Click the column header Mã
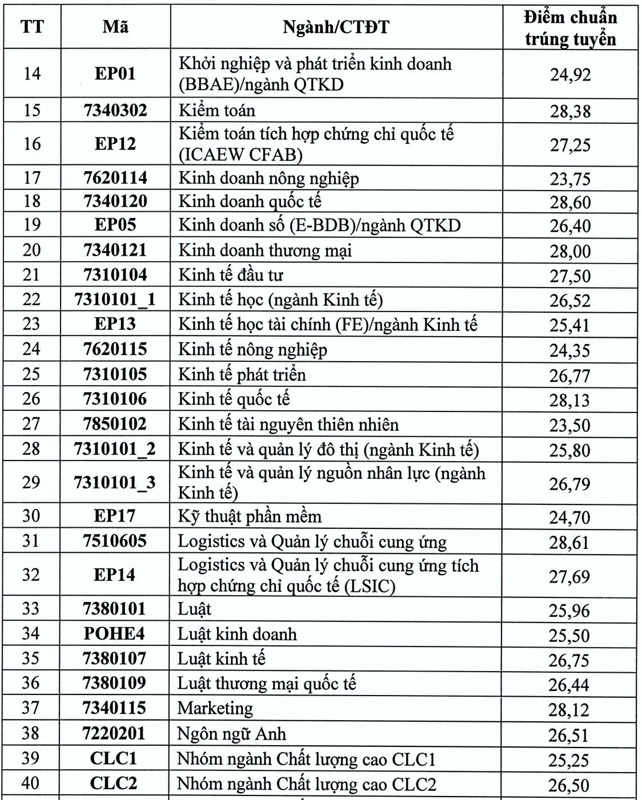(115, 27)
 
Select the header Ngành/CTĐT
(336, 27)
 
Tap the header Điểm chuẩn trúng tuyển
(570, 28)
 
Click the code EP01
(115, 74)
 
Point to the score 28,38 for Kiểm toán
(570, 111)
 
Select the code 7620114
(115, 178)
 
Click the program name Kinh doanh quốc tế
(250, 201)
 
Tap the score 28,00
(570, 251)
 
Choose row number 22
(31, 300)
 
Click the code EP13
(115, 324)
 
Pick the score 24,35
(570, 350)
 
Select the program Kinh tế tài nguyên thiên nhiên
(288, 424)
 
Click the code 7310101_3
(115, 483)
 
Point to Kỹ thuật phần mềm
(250, 516)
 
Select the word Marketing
(215, 708)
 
